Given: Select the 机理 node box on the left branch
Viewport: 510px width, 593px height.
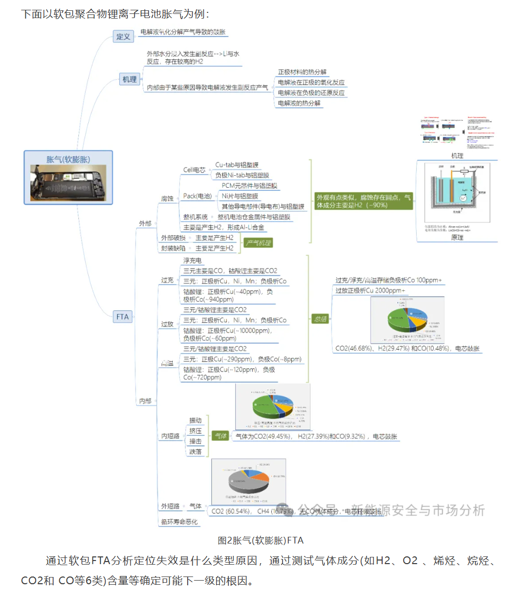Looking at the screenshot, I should click(x=129, y=79).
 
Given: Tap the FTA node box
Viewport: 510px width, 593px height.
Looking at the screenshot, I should click(x=123, y=317).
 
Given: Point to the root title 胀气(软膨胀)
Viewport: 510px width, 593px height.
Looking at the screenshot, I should click(x=68, y=159).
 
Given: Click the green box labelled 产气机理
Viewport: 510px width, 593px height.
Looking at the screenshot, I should click(x=258, y=243).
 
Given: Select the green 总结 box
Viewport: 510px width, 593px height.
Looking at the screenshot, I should click(x=320, y=319).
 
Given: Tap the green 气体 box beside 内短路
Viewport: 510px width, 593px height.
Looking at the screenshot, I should click(x=221, y=436).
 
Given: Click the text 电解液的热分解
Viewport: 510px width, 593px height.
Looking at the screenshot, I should click(x=300, y=103).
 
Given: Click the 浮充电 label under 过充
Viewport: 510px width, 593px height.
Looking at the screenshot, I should click(x=193, y=261).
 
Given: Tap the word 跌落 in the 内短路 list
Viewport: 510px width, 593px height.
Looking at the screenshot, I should click(x=195, y=452).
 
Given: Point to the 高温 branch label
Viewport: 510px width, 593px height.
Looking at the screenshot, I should click(x=168, y=364).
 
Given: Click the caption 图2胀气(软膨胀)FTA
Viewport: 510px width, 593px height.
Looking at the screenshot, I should click(x=260, y=540).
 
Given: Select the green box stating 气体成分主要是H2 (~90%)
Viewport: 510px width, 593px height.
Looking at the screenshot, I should click(x=364, y=201).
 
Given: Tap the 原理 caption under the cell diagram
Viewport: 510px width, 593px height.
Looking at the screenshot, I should click(x=457, y=237).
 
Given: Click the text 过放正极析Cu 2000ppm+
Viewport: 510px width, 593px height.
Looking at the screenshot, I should click(x=370, y=291).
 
